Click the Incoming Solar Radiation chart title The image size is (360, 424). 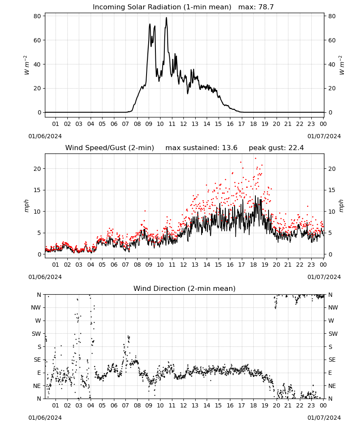click(162, 7)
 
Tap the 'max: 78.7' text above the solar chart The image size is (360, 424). click(256, 7)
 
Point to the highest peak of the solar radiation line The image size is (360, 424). click(166, 17)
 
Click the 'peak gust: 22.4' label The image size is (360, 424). click(276, 148)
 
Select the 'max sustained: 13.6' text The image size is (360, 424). click(201, 148)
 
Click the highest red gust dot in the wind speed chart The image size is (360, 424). click(255, 159)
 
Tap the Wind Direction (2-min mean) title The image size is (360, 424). click(185, 288)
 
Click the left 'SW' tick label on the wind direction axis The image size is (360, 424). click(36, 334)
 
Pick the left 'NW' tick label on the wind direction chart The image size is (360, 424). click(36, 307)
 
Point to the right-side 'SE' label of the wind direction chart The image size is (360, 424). click(332, 360)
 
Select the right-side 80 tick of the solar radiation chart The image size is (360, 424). click(332, 16)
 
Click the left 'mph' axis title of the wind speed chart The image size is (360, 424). click(26, 206)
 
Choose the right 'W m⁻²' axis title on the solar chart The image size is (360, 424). click(341, 65)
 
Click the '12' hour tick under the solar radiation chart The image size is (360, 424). click(184, 124)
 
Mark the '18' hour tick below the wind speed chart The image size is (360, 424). click(253, 265)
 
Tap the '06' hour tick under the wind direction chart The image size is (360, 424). click(114, 406)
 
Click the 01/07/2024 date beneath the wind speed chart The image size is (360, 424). click(324, 277)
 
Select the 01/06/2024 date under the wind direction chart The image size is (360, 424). click(45, 418)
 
